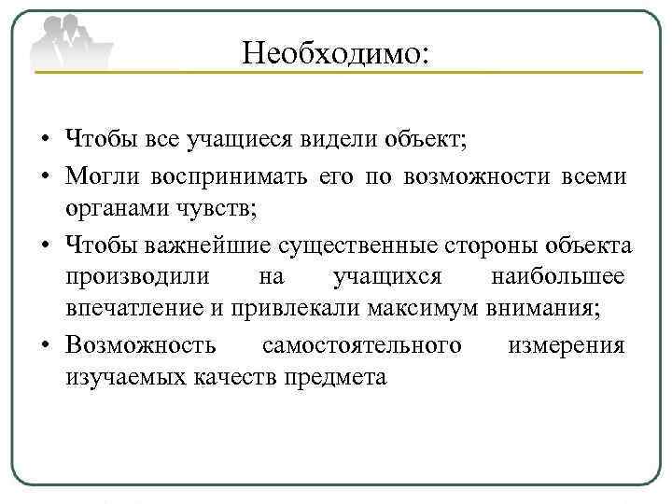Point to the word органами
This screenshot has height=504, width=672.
(x=113, y=209)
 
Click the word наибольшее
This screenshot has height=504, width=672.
(x=557, y=277)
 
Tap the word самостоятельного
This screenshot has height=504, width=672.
(x=362, y=345)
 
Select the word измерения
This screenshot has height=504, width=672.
(x=566, y=345)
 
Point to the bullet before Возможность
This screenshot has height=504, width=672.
(x=45, y=346)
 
